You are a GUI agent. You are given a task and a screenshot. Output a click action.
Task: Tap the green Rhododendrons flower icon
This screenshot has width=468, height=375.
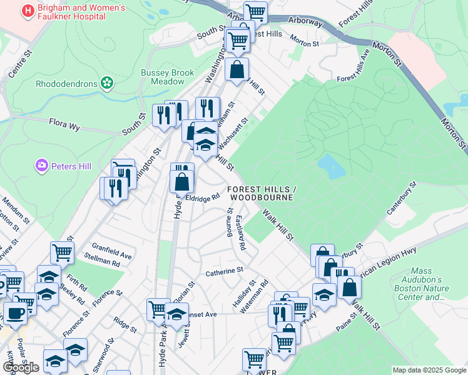pyautogui.click(x=107, y=82)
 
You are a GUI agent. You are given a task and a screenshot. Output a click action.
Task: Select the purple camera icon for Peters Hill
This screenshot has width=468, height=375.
pyautogui.click(x=42, y=166)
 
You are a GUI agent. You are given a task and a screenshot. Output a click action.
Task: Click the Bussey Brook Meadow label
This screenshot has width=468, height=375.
pyautogui.click(x=167, y=77)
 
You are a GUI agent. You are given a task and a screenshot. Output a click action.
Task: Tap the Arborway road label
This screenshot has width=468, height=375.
pyautogui.click(x=305, y=22)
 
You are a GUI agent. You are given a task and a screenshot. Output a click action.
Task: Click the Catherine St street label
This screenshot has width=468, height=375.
pyautogui.click(x=224, y=271)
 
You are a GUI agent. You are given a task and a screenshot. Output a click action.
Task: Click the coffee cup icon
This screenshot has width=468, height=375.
pyautogui.click(x=15, y=312)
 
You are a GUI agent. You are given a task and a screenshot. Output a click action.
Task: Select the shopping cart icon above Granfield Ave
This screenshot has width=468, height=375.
pyautogui.click(x=62, y=252)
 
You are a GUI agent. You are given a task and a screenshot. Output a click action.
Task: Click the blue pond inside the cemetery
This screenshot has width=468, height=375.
pyautogui.click(x=331, y=166)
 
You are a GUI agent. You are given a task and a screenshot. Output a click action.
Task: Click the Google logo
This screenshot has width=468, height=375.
pyautogui.click(x=21, y=367)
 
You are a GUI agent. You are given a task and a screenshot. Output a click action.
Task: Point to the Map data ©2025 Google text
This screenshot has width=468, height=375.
pyautogui.click(x=429, y=370)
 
